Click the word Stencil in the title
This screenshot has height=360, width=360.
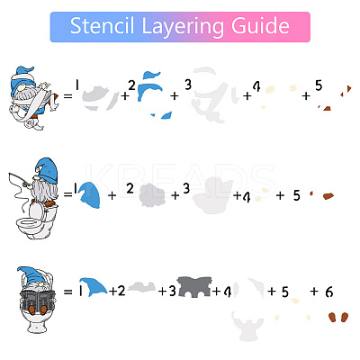(x=102, y=26)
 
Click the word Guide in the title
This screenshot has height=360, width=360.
(x=260, y=26)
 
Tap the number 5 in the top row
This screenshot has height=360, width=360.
(x=319, y=85)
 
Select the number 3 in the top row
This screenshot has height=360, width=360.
(x=188, y=85)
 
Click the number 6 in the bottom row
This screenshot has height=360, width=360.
(x=329, y=292)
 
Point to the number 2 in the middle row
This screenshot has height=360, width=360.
(x=130, y=189)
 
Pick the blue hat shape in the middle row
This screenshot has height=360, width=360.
(x=89, y=195)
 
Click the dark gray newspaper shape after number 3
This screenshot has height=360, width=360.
(x=194, y=287)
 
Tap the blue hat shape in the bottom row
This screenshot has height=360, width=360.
(x=93, y=286)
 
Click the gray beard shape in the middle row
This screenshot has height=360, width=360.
(x=152, y=195)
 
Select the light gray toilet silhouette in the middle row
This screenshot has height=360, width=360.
(x=212, y=195)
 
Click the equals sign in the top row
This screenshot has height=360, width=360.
(x=68, y=96)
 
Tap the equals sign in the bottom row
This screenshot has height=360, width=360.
(x=68, y=292)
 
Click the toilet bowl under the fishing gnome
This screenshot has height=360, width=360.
(x=30, y=224)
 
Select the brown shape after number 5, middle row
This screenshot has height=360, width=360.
(x=328, y=196)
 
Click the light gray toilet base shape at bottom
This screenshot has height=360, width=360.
(x=247, y=327)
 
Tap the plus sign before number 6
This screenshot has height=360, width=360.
(x=314, y=291)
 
